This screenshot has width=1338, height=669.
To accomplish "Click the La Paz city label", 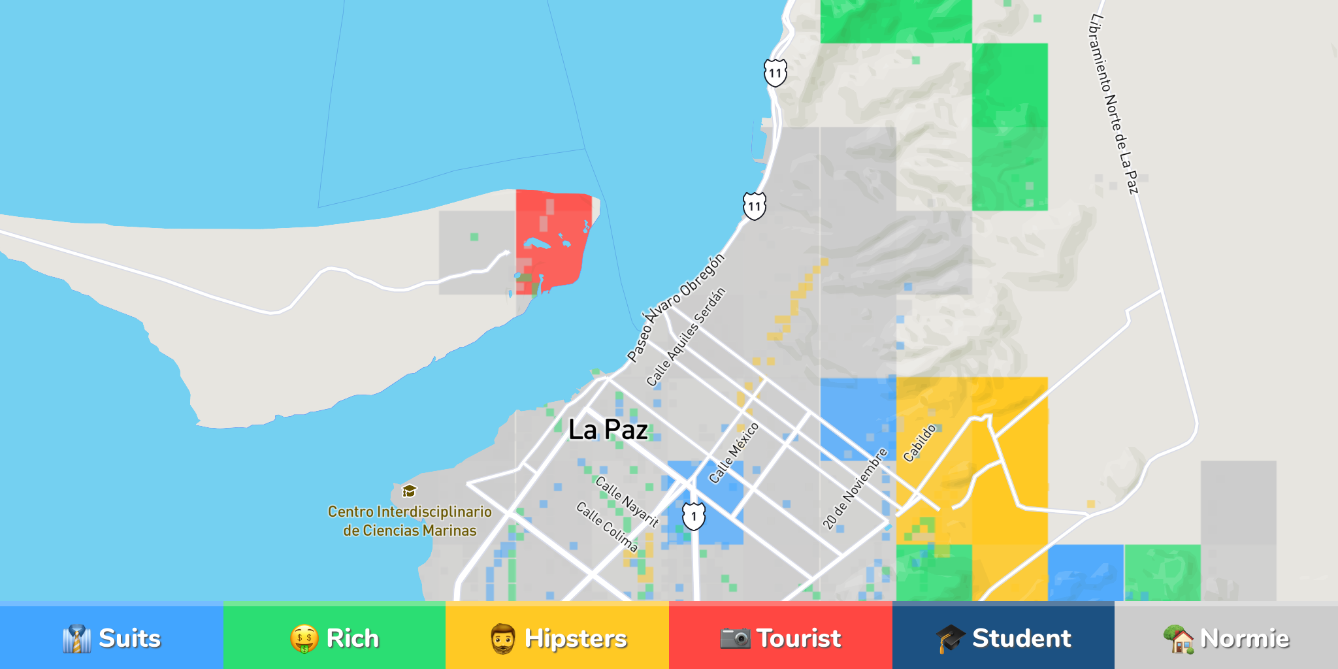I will pyautogui.click(x=608, y=430).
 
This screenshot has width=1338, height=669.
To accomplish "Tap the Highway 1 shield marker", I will pyautogui.click(x=694, y=516).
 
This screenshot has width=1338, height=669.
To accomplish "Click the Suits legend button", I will pyautogui.click(x=112, y=638).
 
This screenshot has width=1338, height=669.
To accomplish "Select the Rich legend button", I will pyautogui.click(x=334, y=638).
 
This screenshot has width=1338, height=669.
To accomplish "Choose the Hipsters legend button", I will pyautogui.click(x=557, y=638).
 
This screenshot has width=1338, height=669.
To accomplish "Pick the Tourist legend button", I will pyautogui.click(x=780, y=638).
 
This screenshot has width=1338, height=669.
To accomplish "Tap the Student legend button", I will pyautogui.click(x=1003, y=638).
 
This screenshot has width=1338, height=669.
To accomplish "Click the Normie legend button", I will pyautogui.click(x=1226, y=638).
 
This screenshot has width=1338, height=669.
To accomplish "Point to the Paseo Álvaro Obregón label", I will pyautogui.click(x=676, y=307).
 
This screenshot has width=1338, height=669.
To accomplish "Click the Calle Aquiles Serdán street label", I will pyautogui.click(x=685, y=337).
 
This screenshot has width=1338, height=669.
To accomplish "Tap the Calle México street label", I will pyautogui.click(x=734, y=453).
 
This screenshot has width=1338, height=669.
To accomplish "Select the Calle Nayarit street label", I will pyautogui.click(x=627, y=502).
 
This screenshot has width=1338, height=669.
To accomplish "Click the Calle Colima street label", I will pyautogui.click(x=606, y=527).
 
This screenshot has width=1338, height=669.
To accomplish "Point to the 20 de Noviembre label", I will pyautogui.click(x=855, y=489).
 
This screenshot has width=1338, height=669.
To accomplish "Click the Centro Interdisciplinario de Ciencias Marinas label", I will pyautogui.click(x=410, y=521).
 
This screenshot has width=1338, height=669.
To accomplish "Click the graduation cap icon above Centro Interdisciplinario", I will pyautogui.click(x=409, y=491).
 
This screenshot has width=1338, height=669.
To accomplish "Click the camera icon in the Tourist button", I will pyautogui.click(x=735, y=638).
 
